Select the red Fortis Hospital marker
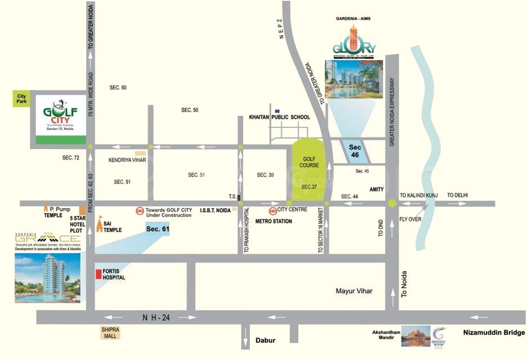point(99,274)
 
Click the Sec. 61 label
point(157,229)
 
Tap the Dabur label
point(266,340)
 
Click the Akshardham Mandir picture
point(416,336)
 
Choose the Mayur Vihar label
point(354,291)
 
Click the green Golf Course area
point(309,168)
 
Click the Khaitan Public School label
point(279,117)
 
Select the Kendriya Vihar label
point(127,160)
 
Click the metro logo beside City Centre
point(272,211)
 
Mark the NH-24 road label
point(155,318)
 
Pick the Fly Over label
point(410,219)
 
